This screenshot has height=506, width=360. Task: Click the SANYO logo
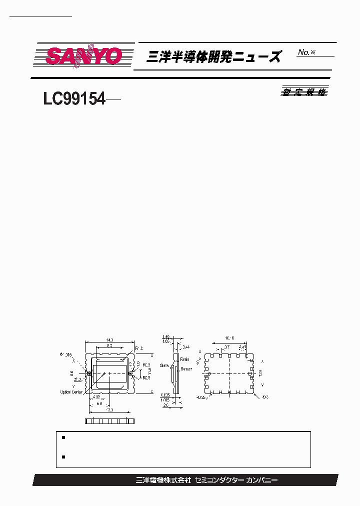tap(84, 55)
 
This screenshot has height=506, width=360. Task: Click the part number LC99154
tap(74, 99)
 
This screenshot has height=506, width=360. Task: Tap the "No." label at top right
tap(303, 52)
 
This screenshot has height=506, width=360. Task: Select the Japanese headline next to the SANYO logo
tap(213, 56)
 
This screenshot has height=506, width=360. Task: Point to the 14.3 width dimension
tap(108, 340)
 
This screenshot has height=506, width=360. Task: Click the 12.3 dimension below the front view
tap(109, 410)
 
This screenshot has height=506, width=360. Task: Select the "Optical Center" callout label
tap(71, 392)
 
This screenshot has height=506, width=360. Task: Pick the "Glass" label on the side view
tap(164, 365)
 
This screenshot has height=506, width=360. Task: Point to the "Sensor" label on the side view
tap(186, 369)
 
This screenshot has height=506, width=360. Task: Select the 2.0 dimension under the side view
tap(165, 406)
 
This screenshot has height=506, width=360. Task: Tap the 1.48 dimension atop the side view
tap(166, 337)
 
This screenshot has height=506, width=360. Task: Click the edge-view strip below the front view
tap(110, 422)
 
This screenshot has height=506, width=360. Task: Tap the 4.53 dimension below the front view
tap(96, 397)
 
